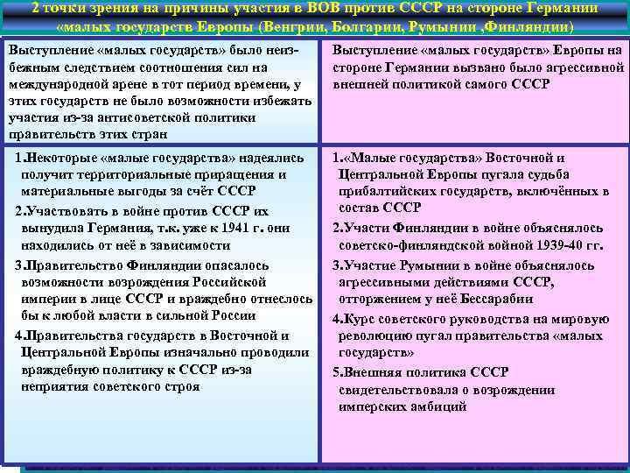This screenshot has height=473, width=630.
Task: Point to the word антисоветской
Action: pyautogui.click(x=139, y=117)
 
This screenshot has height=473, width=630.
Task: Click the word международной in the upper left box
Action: pyautogui.click(x=58, y=84)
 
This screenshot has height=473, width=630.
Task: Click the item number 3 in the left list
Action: pyautogui.click(x=18, y=265)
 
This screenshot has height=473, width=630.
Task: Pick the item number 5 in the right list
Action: pyautogui.click(x=336, y=371)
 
